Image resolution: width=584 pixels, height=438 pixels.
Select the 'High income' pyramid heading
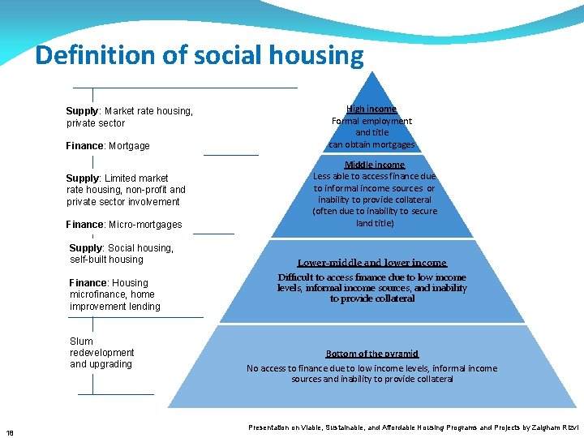coord(371,109)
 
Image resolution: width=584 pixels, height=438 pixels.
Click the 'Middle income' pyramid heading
coord(375,165)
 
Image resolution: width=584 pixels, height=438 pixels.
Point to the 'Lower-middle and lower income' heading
coord(372,263)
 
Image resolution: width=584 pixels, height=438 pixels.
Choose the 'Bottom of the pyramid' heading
coord(372,354)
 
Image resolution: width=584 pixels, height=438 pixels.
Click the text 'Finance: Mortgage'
coord(108,146)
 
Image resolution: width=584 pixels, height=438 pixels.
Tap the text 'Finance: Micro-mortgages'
coord(124,225)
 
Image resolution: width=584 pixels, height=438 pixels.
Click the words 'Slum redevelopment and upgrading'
coord(101,353)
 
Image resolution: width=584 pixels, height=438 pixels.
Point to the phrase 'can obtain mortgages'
coord(371,144)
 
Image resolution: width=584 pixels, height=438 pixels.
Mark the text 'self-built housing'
coord(106,260)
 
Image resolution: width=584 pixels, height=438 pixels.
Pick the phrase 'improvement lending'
coord(115,307)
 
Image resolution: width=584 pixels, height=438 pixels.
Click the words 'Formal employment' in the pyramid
coord(371,121)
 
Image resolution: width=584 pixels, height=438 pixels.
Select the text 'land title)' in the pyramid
coord(375,223)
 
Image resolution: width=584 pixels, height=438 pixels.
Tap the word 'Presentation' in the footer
coord(268,427)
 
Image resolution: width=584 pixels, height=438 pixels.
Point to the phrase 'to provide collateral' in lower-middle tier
coord(372,298)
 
